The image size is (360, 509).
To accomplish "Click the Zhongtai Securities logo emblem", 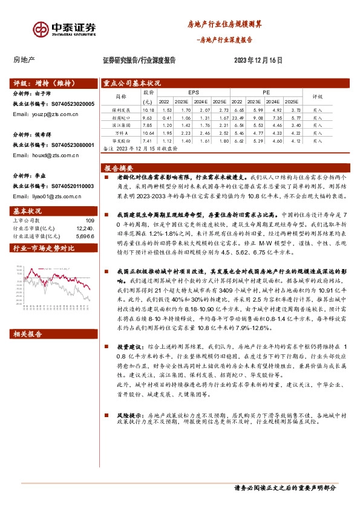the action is click(x=41, y=28).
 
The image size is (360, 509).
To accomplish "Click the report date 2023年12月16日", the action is click(x=258, y=60).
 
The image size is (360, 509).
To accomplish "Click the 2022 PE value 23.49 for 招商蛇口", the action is click(x=237, y=118).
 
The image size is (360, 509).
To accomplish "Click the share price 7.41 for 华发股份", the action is click(x=148, y=140).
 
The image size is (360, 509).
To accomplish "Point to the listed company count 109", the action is click(x=90, y=221).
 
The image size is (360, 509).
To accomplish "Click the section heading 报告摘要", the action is click(x=119, y=167).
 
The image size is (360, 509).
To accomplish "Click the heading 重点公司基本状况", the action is click(x=132, y=83).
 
